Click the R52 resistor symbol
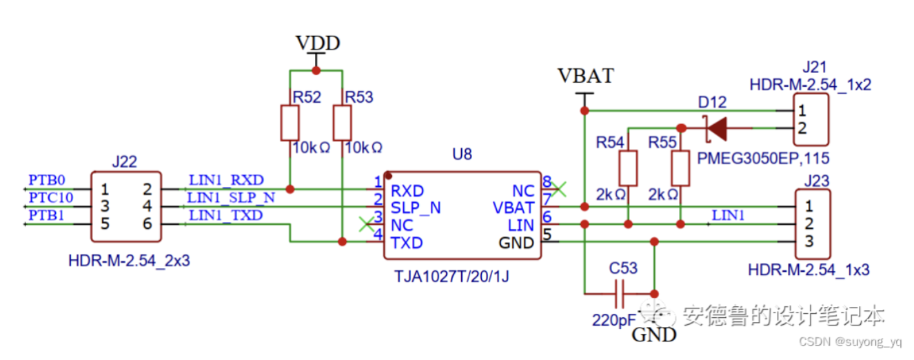pos(290,122)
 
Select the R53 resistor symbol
pos(343,122)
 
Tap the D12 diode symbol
pos(717,128)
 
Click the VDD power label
pos(317,43)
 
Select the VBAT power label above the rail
pos(585,76)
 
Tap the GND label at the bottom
pos(653,336)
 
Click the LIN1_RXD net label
pos(225,181)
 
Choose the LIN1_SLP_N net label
pos(231,198)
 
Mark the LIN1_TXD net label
pos(225,215)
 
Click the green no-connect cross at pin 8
pos(560,188)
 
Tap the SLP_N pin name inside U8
pos(416,208)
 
